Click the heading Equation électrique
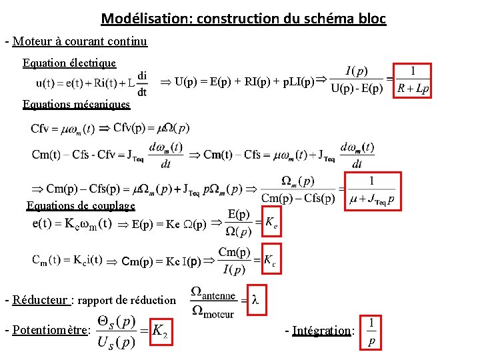[69, 63]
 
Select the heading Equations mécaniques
[76, 104]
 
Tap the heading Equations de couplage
[81, 205]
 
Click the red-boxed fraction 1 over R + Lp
[413, 81]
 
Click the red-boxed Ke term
[271, 223]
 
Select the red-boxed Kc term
[269, 261]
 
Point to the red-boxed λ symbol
[255, 300]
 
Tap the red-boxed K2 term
[159, 330]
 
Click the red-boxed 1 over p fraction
[371, 332]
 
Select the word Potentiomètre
[49, 330]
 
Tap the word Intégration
[321, 330]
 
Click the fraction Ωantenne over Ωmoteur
[213, 302]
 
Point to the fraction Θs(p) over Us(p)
[117, 331]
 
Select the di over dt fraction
[142, 84]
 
